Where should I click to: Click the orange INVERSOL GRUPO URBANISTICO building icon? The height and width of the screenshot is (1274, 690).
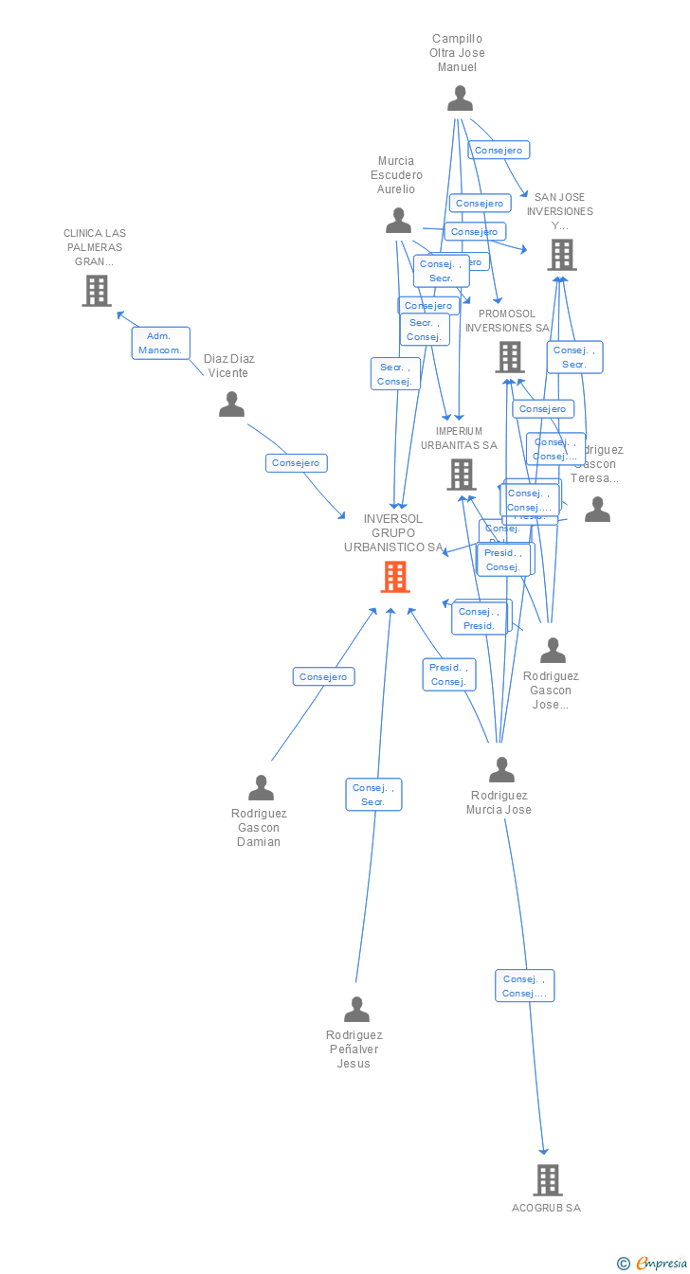395,577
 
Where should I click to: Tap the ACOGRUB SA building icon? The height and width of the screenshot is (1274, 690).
548,1180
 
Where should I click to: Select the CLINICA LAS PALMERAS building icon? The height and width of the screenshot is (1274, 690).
97,291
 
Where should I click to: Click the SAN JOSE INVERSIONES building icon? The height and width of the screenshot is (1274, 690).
561,255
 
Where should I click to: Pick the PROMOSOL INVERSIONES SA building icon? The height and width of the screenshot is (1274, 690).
510,357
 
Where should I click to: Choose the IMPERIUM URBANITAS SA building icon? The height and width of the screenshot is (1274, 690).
462,475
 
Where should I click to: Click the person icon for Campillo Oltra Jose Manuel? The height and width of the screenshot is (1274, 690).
460,99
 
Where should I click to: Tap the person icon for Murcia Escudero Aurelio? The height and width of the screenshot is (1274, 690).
398,221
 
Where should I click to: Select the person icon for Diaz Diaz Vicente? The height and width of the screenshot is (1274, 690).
231,404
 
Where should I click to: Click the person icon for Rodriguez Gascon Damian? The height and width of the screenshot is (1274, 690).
261,788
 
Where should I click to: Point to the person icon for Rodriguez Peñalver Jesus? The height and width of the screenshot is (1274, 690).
356,1010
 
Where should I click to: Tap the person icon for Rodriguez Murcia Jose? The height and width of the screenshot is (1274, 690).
501,770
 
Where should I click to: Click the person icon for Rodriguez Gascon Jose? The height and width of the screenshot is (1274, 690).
553,651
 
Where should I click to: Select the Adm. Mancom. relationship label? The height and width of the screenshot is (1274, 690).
160,343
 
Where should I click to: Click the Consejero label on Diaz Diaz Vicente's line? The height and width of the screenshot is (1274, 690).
296,463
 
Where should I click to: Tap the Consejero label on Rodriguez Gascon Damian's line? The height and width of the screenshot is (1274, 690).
323,676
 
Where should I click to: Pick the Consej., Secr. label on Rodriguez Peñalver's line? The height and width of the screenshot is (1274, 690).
373,795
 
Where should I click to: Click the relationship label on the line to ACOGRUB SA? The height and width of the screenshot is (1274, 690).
524,986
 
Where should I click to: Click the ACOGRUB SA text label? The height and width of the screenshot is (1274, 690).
546,1208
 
